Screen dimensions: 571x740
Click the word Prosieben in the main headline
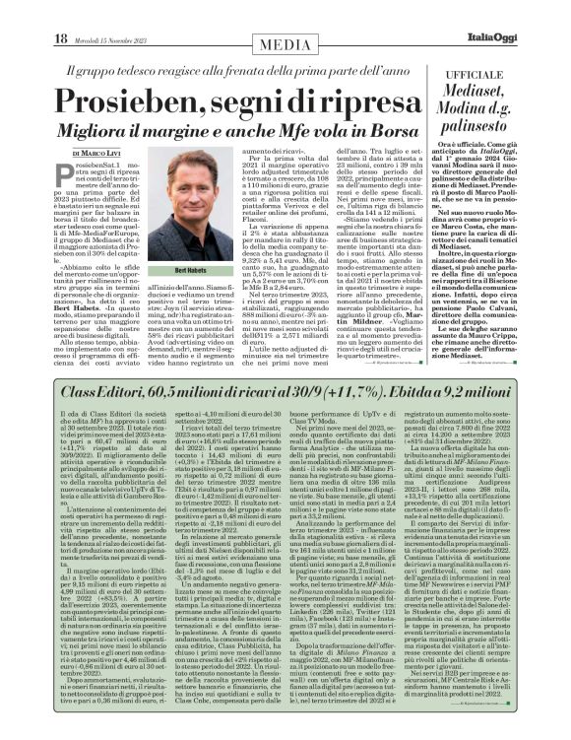click(122, 105)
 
